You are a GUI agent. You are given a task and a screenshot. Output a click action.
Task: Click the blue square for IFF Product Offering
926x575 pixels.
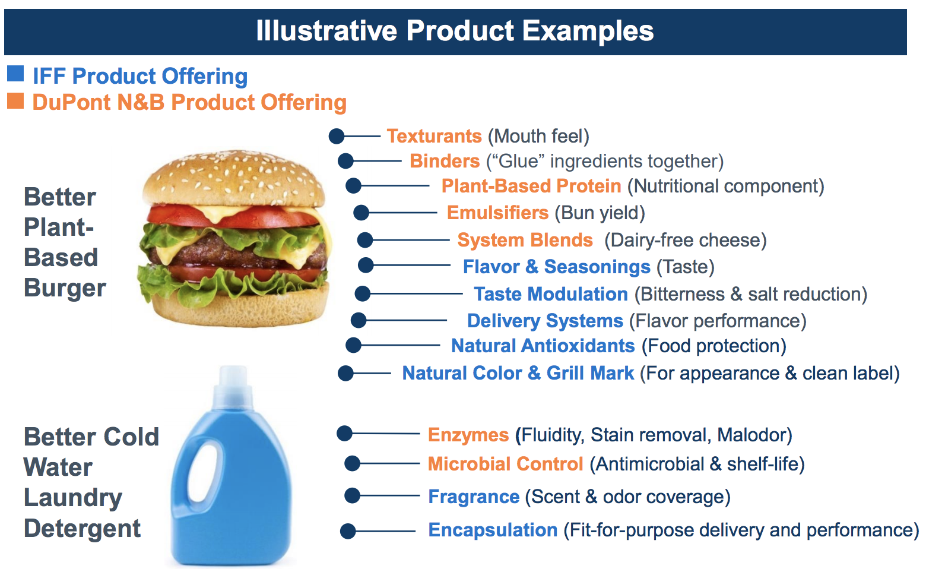pyautogui.click(x=15, y=74)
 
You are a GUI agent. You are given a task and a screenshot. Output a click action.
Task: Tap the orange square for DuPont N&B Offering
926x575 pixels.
pyautogui.click(x=15, y=100)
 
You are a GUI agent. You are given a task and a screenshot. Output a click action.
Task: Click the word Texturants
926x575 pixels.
pyautogui.click(x=434, y=136)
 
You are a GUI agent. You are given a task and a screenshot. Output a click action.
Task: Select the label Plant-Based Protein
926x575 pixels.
pyautogui.click(x=531, y=186)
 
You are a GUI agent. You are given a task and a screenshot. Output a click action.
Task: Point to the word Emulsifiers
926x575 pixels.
pyautogui.click(x=497, y=213)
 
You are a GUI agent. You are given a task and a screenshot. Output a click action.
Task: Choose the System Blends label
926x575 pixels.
pyautogui.click(x=525, y=240)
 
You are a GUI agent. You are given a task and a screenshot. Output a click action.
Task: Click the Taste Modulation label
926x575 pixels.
pyautogui.click(x=551, y=294)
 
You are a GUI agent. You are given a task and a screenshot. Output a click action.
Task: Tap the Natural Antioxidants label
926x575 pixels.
pyautogui.click(x=543, y=346)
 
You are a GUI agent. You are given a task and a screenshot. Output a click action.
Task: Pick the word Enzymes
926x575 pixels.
pyautogui.click(x=468, y=435)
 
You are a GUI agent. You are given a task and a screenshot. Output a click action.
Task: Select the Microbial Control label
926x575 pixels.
pyautogui.click(x=505, y=464)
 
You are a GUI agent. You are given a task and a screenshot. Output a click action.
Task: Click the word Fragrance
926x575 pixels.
pyautogui.click(x=474, y=497)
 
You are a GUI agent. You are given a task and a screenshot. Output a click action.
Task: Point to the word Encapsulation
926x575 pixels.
pyautogui.click(x=493, y=530)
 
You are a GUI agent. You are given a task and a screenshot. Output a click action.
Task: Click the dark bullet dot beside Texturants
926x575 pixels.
pyautogui.click(x=337, y=136)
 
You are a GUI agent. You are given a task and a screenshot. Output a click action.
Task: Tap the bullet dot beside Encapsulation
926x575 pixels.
pyautogui.click(x=348, y=531)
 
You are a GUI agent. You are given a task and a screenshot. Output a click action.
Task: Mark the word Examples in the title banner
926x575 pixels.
pyautogui.click(x=588, y=31)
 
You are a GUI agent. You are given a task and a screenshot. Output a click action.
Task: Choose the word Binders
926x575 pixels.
pyautogui.click(x=445, y=161)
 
